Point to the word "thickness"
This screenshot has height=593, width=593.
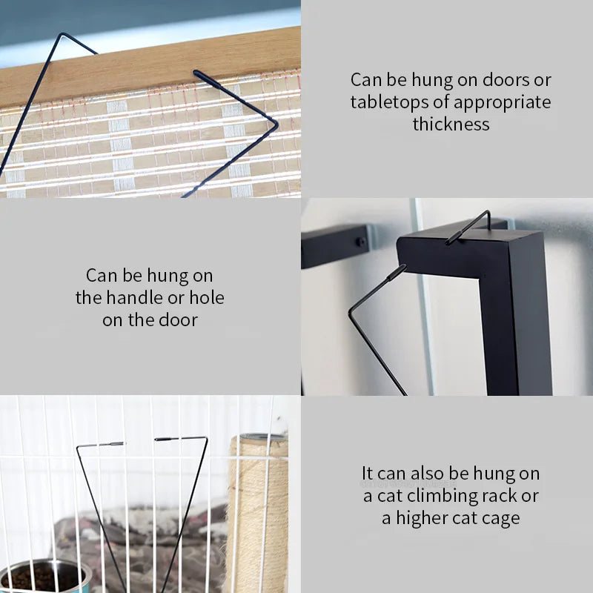click(451, 124)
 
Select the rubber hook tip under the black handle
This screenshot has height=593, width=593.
click(397, 272)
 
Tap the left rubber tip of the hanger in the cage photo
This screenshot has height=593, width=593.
click(112, 444)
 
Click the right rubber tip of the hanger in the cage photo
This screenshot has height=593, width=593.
click(165, 439)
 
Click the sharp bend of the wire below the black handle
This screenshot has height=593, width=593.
click(350, 312)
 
